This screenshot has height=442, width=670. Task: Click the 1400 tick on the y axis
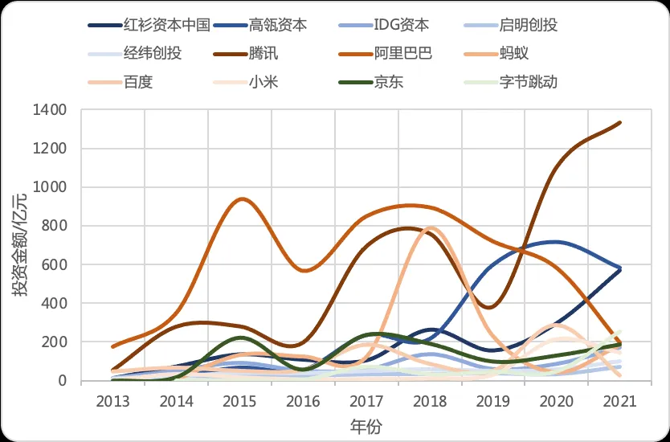point(51,109)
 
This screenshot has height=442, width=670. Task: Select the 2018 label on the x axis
point(430,399)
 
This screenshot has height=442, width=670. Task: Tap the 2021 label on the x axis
point(620,399)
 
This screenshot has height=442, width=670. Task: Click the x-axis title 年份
point(366,427)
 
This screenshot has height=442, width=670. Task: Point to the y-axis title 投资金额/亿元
point(20,245)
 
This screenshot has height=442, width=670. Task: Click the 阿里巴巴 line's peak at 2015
point(239,198)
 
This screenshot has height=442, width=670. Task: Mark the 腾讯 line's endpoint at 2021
point(620,122)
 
